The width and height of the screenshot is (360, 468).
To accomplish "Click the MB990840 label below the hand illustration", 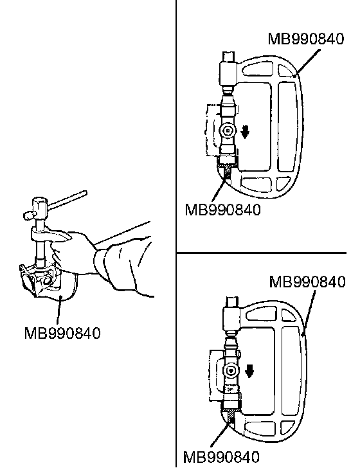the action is coord(62,333).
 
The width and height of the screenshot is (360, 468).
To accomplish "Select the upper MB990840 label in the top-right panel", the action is coord(305,39).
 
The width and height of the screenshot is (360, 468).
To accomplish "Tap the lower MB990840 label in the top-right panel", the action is coord(222,210).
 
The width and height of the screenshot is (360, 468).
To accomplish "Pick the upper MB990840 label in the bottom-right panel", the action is coord(307,282).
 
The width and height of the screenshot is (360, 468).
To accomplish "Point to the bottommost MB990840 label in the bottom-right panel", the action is coord(221,457).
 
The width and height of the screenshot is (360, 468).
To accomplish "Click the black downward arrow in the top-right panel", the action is coord(245,132).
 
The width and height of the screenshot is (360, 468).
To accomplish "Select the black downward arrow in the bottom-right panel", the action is coord(249,371).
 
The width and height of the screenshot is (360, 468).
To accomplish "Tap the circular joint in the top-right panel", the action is coord(228,130).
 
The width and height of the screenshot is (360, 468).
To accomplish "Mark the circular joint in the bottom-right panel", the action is coord(231,371).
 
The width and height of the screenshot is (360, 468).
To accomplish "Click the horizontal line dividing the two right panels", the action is coord(262,253).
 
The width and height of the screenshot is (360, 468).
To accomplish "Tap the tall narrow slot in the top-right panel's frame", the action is coord(288,127).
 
